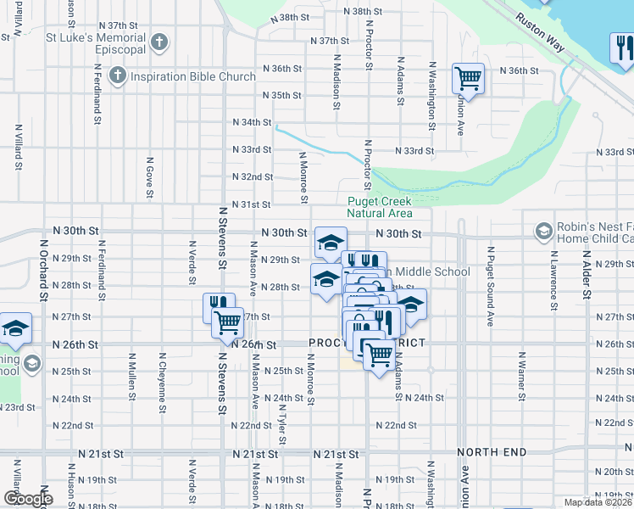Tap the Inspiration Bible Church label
(193, 76)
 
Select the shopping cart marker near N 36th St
(468, 79)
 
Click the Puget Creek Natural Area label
(380, 207)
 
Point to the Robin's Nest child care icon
(543, 231)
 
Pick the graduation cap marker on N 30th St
(331, 243)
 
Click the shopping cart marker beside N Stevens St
(227, 322)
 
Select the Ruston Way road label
(538, 31)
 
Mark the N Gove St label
(149, 177)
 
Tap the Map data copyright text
(598, 502)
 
